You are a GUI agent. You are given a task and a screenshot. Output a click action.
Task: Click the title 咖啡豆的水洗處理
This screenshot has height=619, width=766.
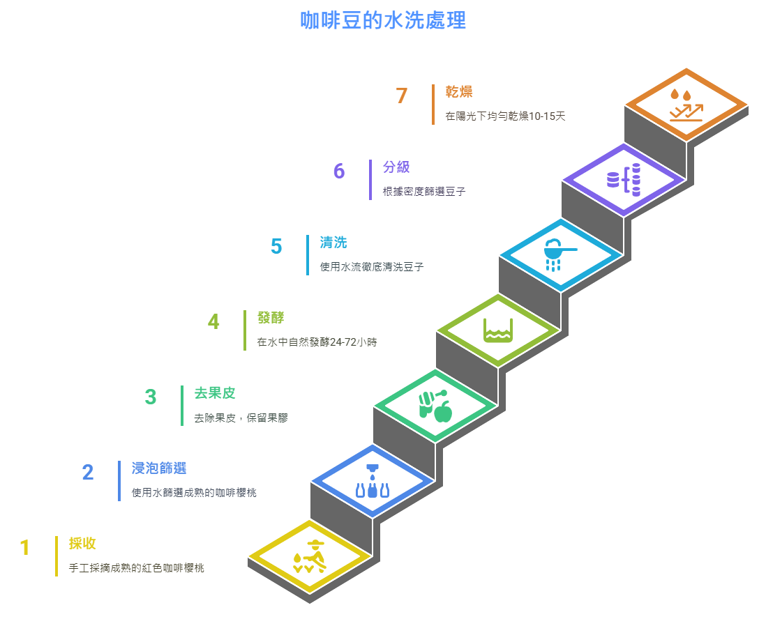383,20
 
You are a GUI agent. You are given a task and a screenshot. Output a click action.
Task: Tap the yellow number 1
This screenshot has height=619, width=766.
25,548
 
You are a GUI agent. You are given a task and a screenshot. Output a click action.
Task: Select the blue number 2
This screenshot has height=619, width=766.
87,472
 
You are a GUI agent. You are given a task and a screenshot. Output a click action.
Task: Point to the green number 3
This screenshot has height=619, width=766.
151,397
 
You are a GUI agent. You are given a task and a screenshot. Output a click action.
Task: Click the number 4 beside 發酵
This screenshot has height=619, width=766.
213,322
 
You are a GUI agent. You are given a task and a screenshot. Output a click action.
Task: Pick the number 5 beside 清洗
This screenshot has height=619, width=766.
276,247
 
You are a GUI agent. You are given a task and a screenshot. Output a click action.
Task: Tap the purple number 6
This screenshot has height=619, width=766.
339,171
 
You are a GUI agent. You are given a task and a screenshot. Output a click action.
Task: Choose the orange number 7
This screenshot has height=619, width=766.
402,96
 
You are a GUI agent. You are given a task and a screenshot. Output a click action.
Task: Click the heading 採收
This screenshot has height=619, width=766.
82,543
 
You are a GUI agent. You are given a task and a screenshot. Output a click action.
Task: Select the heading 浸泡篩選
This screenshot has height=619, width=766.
159,468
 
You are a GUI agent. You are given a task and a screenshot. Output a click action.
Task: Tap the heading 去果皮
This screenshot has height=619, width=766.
214,393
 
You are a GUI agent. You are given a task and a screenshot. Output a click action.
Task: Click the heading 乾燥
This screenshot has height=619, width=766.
459,92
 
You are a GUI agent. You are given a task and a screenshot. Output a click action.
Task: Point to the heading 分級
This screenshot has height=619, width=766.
396,167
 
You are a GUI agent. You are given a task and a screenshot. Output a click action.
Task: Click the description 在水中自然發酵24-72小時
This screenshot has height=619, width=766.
317,342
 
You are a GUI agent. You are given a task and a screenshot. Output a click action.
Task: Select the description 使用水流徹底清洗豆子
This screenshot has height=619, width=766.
372,267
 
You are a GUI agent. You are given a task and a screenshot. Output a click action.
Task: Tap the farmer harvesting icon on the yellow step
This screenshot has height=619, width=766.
310,557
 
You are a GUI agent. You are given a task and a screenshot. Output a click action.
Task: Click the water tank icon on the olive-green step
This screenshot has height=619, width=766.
498,330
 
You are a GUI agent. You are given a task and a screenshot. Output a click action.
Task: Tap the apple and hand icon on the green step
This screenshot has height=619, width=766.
435,406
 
